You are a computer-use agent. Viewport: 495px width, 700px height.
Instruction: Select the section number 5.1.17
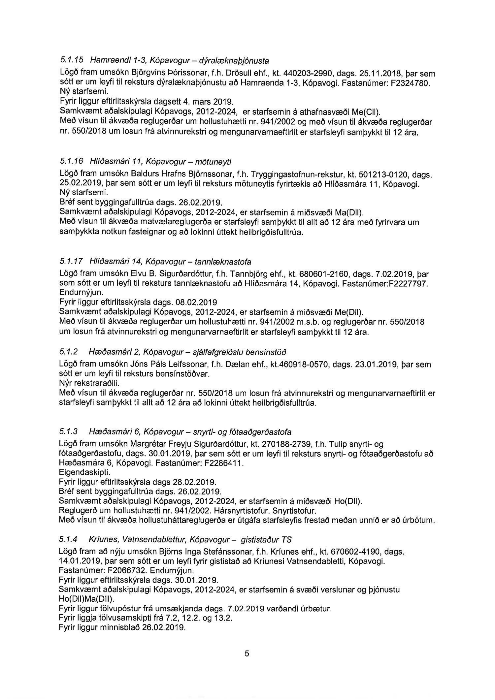tap(70, 262)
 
